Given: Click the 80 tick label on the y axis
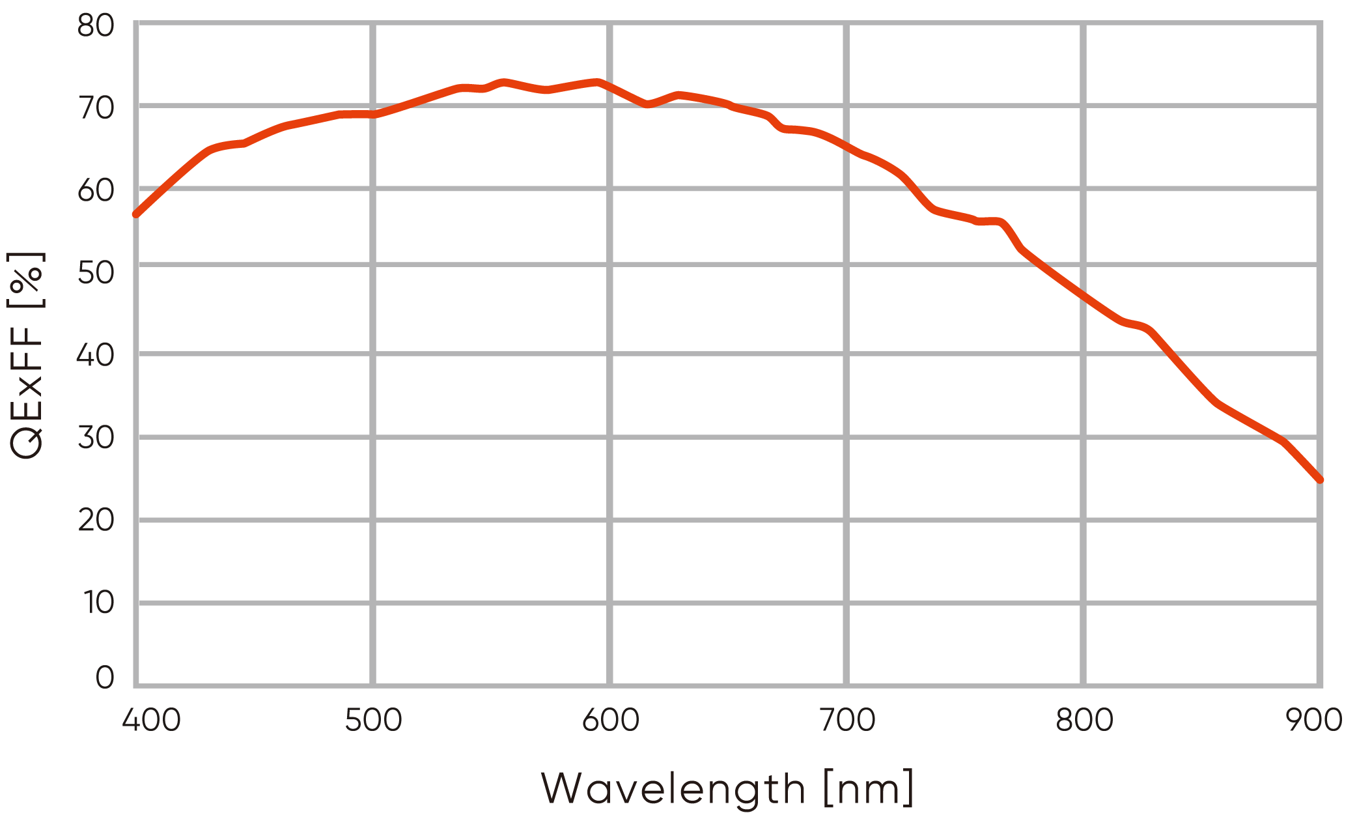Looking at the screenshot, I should tap(95, 26).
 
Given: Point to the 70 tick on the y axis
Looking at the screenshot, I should tap(95, 108).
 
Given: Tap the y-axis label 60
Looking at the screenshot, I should tap(95, 190).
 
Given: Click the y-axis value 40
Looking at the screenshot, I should tap(95, 355).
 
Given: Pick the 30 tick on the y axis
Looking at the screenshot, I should tap(95, 437).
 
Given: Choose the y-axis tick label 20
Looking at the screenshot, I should tap(95, 520).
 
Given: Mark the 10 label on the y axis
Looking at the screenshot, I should tap(98, 602).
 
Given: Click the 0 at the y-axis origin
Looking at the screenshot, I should tap(104, 678).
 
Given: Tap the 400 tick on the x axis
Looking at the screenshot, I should tap(151, 721).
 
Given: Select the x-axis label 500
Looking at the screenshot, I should tap(373, 721).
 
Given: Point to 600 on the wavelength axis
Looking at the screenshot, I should tap(610, 721).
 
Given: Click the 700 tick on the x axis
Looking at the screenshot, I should tap(846, 721).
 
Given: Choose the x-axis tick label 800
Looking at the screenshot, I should tap(1084, 721).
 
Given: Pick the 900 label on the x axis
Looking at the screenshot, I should tap(1314, 721).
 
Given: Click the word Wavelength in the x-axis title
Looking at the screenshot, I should tap(673, 788).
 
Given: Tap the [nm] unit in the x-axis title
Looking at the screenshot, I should tap(869, 788).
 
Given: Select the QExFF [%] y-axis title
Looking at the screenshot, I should tap(26, 355).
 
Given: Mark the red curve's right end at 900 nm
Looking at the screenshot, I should tap(1320, 480).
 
